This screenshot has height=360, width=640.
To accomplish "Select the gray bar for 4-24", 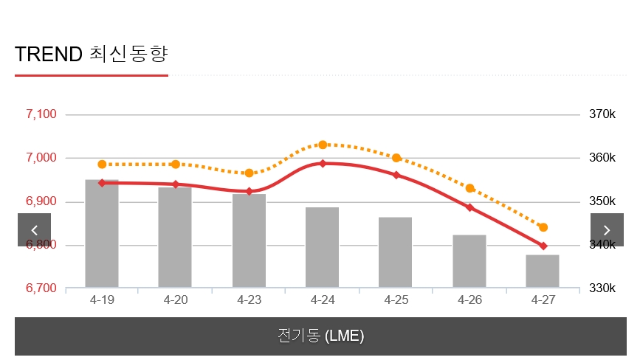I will pos(323,248).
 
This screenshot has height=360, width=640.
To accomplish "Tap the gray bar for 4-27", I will pos(543,271).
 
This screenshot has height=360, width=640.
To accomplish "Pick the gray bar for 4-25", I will pos(396,252).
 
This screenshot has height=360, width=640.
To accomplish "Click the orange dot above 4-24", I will pos(323,145).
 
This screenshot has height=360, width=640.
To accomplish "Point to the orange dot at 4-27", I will pos(543,227).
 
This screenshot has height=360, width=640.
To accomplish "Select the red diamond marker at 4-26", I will pos(469,207).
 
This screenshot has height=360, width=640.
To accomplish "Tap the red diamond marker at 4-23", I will pos(249,191).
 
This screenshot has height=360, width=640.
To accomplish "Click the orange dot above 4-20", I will pos(176,165).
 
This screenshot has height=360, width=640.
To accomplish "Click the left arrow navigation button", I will pos(34,229).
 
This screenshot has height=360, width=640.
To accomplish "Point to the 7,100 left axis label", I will pos(41,114).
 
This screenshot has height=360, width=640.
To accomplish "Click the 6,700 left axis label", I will pos(41,288).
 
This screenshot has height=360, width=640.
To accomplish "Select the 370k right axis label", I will pos(602,114).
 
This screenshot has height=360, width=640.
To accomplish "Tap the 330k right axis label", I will pos(602,288).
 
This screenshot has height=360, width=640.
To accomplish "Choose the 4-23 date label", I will pos(250,300).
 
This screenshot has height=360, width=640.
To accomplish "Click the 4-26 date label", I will pos(469,300).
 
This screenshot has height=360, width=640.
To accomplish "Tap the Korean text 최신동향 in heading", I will pos(129,54).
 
